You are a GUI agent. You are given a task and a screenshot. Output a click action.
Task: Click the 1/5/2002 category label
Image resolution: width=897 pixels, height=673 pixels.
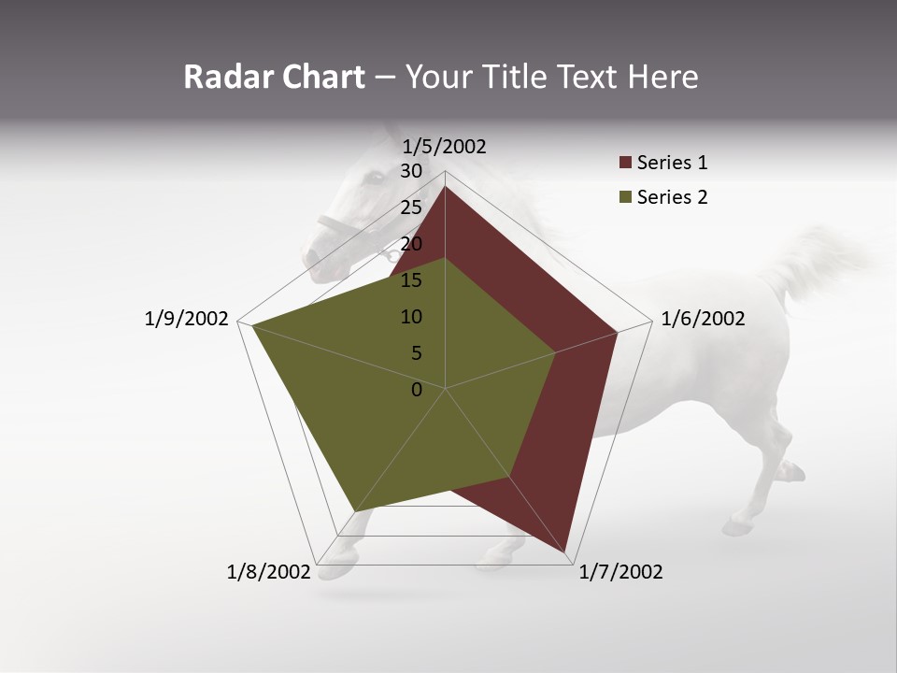tap(445, 146)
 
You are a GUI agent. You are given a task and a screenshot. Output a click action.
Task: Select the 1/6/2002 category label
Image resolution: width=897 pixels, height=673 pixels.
tap(703, 319)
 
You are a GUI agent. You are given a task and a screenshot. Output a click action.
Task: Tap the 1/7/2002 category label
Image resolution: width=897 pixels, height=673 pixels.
tap(620, 572)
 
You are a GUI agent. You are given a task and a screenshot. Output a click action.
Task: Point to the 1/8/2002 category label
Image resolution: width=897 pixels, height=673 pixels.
tap(268, 572)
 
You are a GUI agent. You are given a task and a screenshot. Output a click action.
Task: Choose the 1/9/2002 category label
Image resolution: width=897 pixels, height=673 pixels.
tap(186, 319)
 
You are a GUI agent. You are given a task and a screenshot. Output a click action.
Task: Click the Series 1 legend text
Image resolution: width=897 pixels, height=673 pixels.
tap(672, 163)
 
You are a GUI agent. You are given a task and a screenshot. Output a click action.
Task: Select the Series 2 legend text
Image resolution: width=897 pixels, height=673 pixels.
tap(672, 197)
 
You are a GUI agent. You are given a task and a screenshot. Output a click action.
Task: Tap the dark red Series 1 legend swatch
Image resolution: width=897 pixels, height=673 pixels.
tap(625, 164)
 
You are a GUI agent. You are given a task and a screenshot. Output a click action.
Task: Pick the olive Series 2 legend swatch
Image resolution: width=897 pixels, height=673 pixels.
tap(625, 197)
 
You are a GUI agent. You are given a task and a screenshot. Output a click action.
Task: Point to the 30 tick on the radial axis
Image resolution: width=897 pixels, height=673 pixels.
tap(411, 171)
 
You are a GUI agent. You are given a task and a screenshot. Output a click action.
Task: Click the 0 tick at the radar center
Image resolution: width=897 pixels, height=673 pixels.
tap(417, 390)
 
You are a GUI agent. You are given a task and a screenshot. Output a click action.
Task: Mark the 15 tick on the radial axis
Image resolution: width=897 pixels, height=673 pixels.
tap(411, 280)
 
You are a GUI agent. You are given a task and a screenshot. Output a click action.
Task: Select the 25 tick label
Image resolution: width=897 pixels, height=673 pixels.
tap(411, 208)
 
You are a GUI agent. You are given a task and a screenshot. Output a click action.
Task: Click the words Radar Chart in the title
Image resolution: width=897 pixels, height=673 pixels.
tap(274, 77)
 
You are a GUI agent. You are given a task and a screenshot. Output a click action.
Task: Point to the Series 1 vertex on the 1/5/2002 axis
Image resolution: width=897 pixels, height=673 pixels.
tap(445, 186)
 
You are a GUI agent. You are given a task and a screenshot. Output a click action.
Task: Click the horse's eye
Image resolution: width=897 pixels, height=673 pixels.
tap(374, 176)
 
